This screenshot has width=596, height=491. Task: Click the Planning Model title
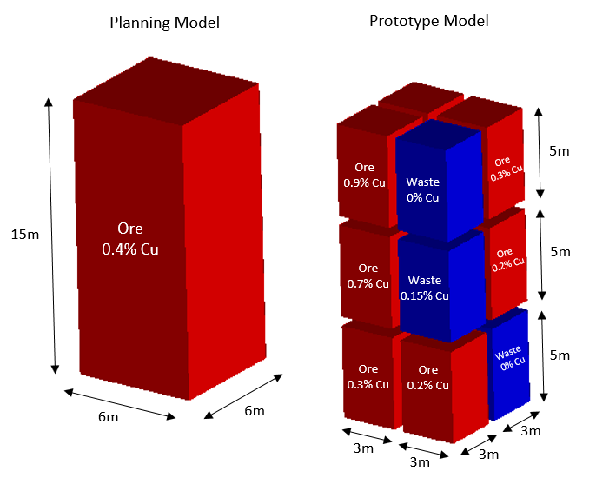164,23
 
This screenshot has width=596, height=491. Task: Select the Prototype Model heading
428,20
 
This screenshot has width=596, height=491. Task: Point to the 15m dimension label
23,234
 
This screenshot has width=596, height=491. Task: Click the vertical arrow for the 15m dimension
52,235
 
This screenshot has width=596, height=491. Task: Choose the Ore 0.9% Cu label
364,175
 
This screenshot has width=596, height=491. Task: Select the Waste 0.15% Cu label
424,288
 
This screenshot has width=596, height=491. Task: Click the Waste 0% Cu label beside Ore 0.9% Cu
423,189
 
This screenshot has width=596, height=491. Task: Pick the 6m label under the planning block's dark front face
108,417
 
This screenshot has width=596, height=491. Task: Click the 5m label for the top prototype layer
560,150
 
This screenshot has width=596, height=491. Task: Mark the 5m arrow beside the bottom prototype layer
543,355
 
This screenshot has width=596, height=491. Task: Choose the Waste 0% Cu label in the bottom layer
508,360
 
